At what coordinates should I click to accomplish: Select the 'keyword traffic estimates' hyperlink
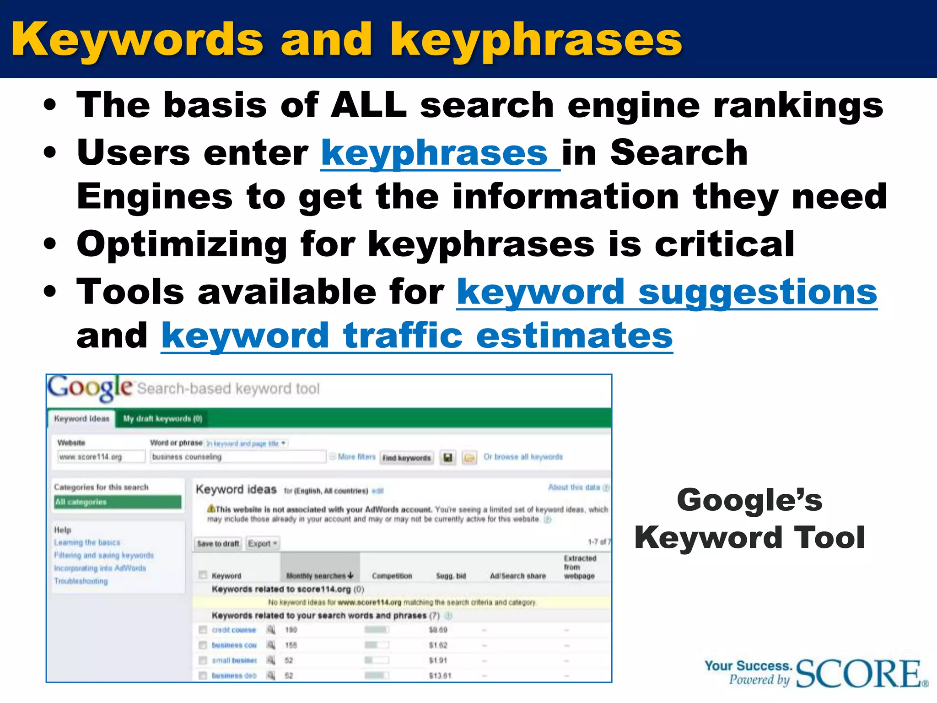click(417, 335)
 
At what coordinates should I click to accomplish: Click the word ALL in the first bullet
click(368, 105)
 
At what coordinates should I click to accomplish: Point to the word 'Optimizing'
click(182, 244)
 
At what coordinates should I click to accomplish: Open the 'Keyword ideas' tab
click(81, 419)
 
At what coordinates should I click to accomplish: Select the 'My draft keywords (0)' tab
click(162, 419)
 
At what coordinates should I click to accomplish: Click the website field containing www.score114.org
click(101, 457)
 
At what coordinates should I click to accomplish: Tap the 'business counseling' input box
click(237, 457)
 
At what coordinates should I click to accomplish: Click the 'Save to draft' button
click(218, 544)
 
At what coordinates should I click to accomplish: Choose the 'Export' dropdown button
click(263, 544)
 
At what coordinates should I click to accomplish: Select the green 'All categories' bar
click(118, 502)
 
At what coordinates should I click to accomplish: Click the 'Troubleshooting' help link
click(81, 581)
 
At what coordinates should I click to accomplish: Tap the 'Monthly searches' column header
click(319, 576)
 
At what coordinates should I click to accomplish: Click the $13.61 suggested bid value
click(440, 676)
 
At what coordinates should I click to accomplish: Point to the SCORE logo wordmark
click(860, 674)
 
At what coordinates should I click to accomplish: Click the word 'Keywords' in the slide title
click(137, 40)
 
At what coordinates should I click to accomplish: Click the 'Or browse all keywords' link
click(523, 457)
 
